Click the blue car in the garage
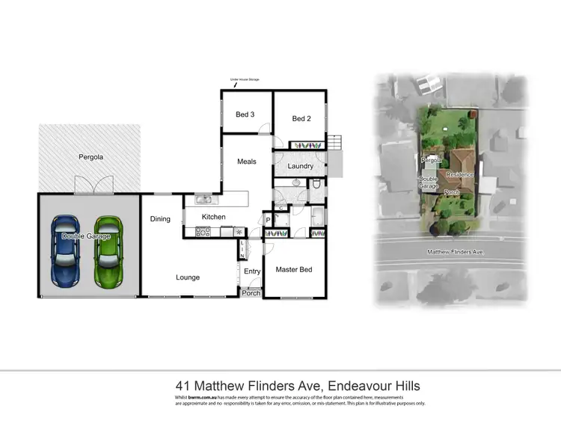pyautogui.click(x=66, y=251)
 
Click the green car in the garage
pyautogui.click(x=108, y=251)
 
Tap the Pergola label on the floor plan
pyautogui.click(x=91, y=158)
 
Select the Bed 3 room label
pyautogui.click(x=245, y=114)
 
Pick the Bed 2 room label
pyautogui.click(x=301, y=118)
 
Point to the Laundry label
pyautogui.click(x=299, y=166)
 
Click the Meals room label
pyautogui.click(x=247, y=162)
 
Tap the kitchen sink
pyautogui.click(x=203, y=200)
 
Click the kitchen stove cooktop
pyautogui.click(x=203, y=232)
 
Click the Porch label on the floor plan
pyautogui.click(x=251, y=293)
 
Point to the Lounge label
pyautogui.click(x=188, y=277)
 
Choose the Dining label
pyautogui.click(x=160, y=219)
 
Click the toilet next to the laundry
pyautogui.click(x=316, y=185)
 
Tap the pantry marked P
pyautogui.click(x=267, y=220)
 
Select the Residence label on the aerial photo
pyautogui.click(x=459, y=174)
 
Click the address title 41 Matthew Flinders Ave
pyautogui.click(x=297, y=386)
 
